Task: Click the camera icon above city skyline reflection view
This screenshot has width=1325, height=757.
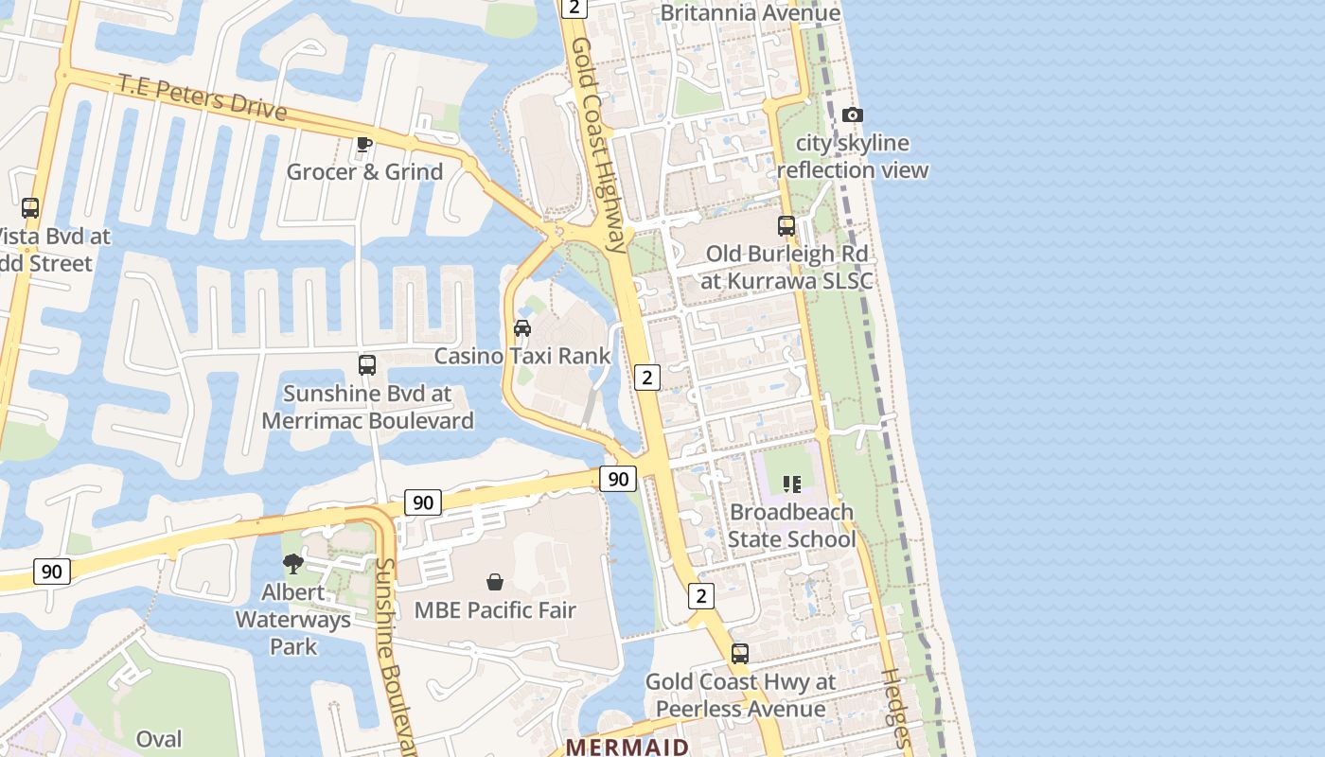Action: click(x=852, y=115)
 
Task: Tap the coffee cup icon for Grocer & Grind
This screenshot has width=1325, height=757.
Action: click(x=363, y=145)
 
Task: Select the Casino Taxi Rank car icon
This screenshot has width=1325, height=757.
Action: click(x=521, y=328)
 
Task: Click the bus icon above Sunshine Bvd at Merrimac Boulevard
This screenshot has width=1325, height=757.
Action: click(x=366, y=365)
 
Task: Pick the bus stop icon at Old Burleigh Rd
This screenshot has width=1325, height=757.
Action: click(x=786, y=226)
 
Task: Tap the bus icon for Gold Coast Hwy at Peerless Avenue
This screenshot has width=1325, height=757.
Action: click(x=740, y=654)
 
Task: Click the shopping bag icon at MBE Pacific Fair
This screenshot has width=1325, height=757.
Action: click(x=494, y=582)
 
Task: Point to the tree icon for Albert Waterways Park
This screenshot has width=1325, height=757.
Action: click(x=293, y=564)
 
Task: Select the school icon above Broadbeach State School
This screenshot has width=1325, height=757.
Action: click(x=792, y=484)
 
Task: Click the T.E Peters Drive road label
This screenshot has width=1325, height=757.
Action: click(x=202, y=97)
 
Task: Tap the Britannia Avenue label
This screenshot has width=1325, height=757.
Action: click(x=750, y=13)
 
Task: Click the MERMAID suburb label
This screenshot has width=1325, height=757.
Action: click(x=627, y=747)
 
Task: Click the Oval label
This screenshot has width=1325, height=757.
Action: click(x=159, y=739)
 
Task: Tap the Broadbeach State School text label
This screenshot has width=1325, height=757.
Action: click(x=791, y=525)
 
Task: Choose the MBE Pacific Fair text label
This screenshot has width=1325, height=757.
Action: click(x=495, y=610)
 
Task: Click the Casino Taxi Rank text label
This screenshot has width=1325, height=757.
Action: click(x=522, y=357)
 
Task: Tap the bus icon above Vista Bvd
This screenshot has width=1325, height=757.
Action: click(x=30, y=208)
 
